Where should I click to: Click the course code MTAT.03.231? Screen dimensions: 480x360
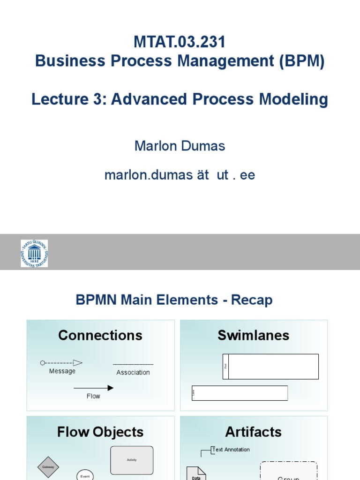pos(180,42)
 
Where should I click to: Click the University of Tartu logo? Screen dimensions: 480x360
pos(34,253)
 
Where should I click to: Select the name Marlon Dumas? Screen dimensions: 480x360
pos(180,146)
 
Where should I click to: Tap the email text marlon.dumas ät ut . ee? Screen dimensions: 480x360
pos(180,175)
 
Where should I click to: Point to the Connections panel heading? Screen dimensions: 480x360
pos(100,335)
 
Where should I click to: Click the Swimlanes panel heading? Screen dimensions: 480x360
pos(253,335)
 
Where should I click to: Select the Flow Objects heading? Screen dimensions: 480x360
pos(100,432)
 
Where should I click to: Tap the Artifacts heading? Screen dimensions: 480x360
pos(253,432)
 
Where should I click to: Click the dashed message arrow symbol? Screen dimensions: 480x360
pos(61,362)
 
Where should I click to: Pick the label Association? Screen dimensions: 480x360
pos(133,373)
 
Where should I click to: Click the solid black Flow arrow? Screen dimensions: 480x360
pos(93,388)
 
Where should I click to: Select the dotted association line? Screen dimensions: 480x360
pos(133,364)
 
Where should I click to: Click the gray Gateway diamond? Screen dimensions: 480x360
pos(48,467)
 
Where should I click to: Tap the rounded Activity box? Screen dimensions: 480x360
pos(132,460)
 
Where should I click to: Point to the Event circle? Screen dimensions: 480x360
pos(85,475)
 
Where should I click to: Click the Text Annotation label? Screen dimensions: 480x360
pos(231,450)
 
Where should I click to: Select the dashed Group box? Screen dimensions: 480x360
pos(289,471)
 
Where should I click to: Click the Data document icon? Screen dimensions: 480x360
pos(196,473)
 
